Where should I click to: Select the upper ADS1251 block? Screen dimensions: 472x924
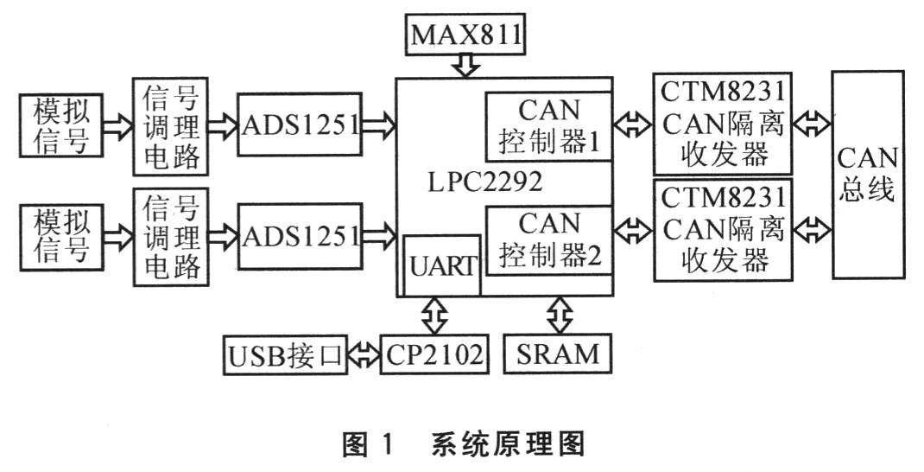click(x=299, y=124)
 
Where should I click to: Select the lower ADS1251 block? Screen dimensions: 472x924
click(x=299, y=235)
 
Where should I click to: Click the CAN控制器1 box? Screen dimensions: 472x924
click(x=548, y=126)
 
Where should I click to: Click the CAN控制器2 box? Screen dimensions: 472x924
click(x=548, y=240)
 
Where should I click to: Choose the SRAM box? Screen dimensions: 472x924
click(x=558, y=353)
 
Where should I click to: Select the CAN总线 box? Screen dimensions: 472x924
click(x=868, y=174)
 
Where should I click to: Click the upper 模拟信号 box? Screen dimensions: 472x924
click(x=60, y=126)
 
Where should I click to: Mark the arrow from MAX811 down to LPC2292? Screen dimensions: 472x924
click(x=466, y=66)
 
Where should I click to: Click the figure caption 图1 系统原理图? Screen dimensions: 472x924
click(x=464, y=444)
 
